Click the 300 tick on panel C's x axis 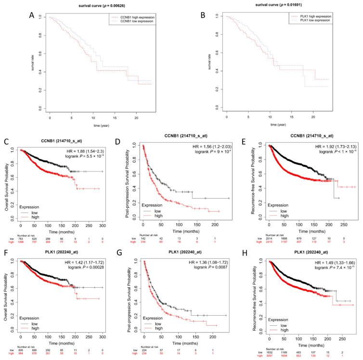pos(103,226)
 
